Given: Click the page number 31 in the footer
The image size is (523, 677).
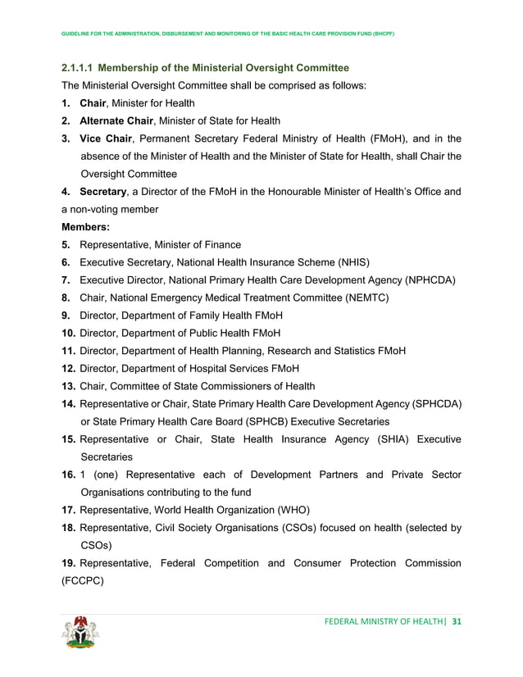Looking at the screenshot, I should pyautogui.click(x=457, y=621).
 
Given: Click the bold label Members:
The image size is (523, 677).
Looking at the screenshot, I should pyautogui.click(x=88, y=227).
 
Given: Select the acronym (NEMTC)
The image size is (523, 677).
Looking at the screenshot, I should pyautogui.click(x=360, y=298).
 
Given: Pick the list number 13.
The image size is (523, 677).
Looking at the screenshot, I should pyautogui.click(x=69, y=386).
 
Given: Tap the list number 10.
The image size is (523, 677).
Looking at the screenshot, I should pyautogui.click(x=69, y=333).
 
